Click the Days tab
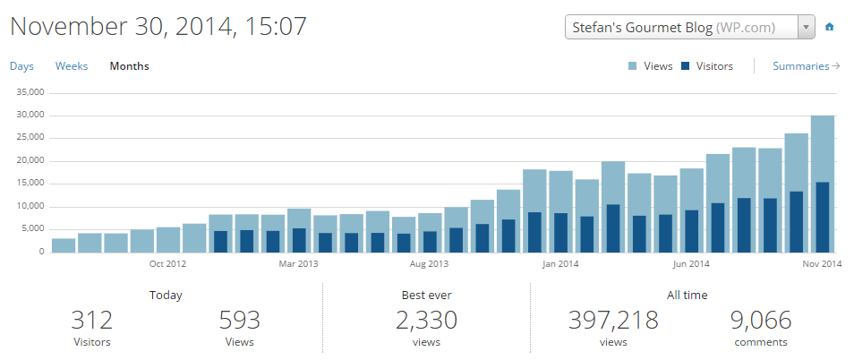click(x=21, y=66)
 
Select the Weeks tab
click(x=72, y=66)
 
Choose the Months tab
click(x=129, y=66)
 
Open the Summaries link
click(x=806, y=66)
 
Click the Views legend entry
click(x=651, y=66)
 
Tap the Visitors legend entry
click(x=706, y=66)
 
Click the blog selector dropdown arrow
click(x=806, y=27)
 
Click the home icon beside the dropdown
click(x=830, y=27)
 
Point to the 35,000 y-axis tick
click(x=30, y=92)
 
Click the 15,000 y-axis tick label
click(x=30, y=184)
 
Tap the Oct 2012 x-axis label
click(x=167, y=264)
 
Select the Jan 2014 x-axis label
click(x=561, y=264)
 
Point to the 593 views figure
click(x=238, y=320)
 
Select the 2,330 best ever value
click(x=425, y=320)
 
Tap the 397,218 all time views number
click(x=613, y=320)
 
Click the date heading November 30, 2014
click(x=158, y=26)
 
